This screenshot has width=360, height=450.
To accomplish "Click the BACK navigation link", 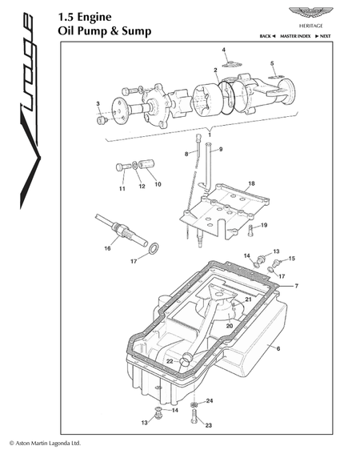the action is click(267, 36).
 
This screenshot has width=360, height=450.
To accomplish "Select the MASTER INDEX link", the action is click(295, 36).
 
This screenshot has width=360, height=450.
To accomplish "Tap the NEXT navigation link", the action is click(322, 36).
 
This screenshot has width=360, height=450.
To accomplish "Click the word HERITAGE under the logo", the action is click(311, 26).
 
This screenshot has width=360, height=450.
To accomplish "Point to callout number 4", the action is click(224, 50).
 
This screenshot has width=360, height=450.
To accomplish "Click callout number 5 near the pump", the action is click(272, 63).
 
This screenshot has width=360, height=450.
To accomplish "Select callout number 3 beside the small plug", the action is click(98, 103).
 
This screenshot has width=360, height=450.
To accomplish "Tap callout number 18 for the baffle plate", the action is click(251, 183).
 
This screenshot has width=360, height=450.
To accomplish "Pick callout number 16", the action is click(107, 248).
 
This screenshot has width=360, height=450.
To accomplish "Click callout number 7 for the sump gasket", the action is click(296, 286).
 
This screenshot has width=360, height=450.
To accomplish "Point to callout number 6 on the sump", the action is click(278, 348).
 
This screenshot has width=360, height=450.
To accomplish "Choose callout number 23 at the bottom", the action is click(208, 425).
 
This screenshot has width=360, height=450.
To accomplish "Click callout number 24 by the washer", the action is click(210, 400).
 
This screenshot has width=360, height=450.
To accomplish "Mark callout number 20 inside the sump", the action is click(230, 326).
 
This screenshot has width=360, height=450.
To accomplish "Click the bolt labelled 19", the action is click(250, 231).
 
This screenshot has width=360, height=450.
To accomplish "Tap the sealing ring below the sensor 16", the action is click(154, 248).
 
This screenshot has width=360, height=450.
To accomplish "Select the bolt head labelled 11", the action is click(119, 167).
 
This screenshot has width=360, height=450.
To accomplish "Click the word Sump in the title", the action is click(137, 31).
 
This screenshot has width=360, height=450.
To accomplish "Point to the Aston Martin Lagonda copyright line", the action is click(45, 443).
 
